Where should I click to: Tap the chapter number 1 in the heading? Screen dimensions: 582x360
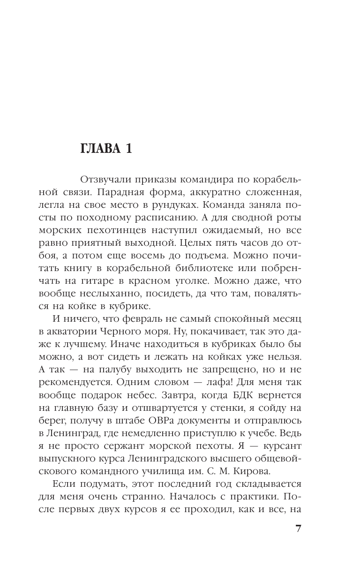127,149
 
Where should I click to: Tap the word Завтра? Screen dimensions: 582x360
187,395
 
